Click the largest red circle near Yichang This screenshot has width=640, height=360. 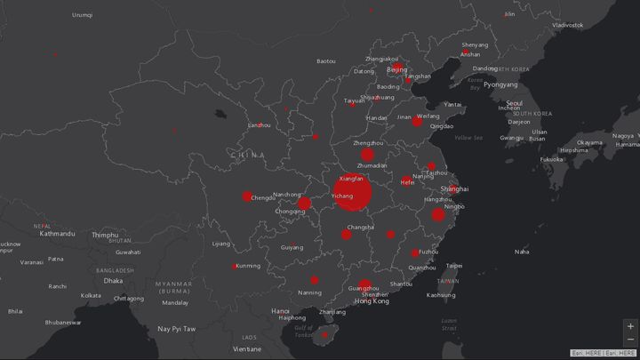(353, 195)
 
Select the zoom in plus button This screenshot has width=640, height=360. (630, 326)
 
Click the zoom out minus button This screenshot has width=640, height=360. (630, 340)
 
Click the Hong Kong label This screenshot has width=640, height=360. (371, 301)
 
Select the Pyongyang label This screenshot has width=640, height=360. (500, 84)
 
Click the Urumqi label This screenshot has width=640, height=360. (82, 15)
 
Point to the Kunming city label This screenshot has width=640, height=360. (248, 266)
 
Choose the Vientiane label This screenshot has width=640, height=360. (247, 349)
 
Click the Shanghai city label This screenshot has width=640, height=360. (454, 188)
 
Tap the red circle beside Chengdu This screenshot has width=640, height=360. (247, 196)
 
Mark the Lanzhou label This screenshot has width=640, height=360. (259, 125)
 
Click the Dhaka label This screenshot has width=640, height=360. (113, 281)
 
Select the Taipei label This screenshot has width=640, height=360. (454, 265)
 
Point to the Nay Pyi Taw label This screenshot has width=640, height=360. (177, 329)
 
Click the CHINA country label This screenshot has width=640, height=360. (247, 156)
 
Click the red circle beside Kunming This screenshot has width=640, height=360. (235, 266)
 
